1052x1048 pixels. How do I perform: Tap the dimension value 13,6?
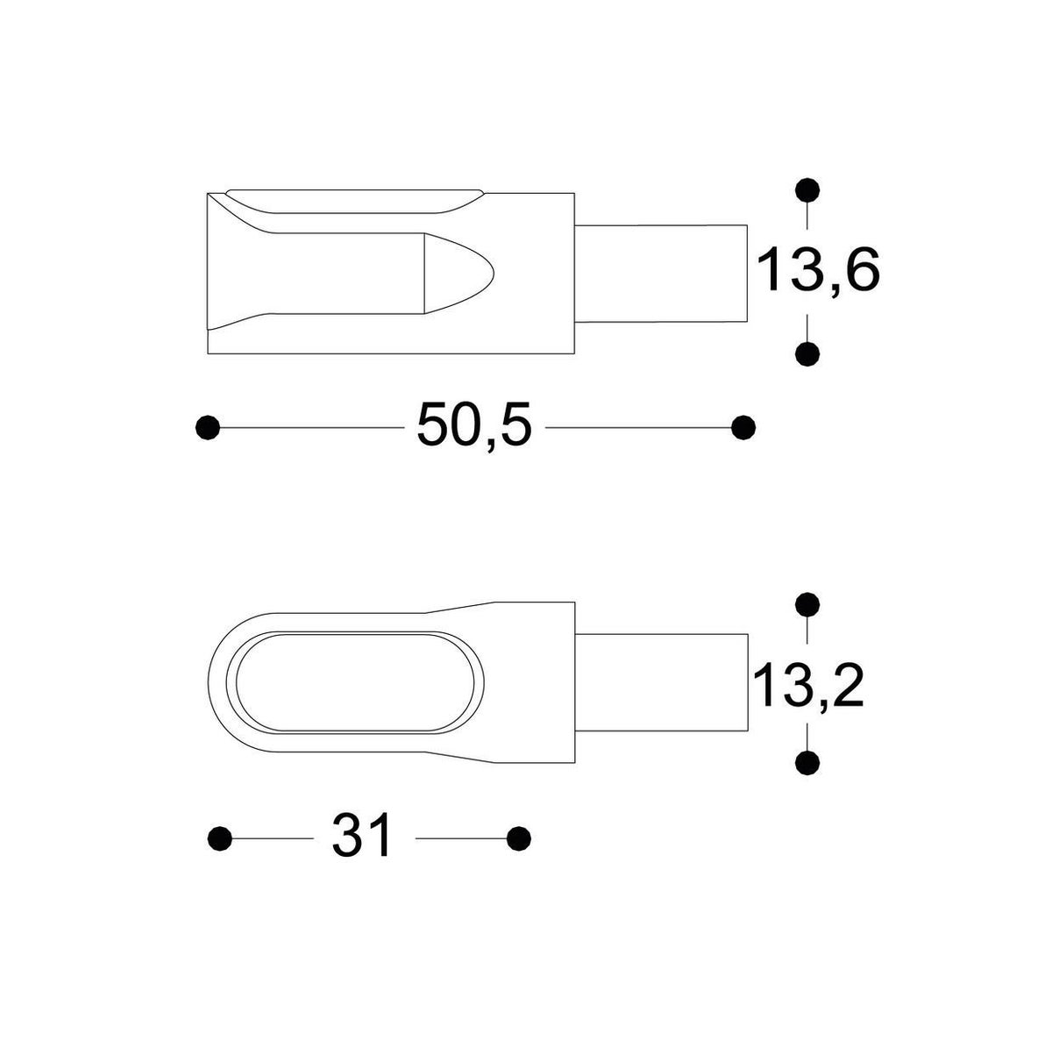[x=817, y=270]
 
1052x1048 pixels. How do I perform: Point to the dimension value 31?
[x=361, y=852]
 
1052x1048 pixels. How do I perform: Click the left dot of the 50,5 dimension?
[x=208, y=427]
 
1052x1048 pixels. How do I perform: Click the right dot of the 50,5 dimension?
[x=743, y=427]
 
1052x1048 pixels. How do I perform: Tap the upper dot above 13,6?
[x=807, y=190]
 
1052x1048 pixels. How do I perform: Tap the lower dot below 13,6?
[x=807, y=354]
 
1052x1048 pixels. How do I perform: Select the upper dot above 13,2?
[x=807, y=604]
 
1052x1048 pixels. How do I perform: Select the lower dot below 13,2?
[x=807, y=762]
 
